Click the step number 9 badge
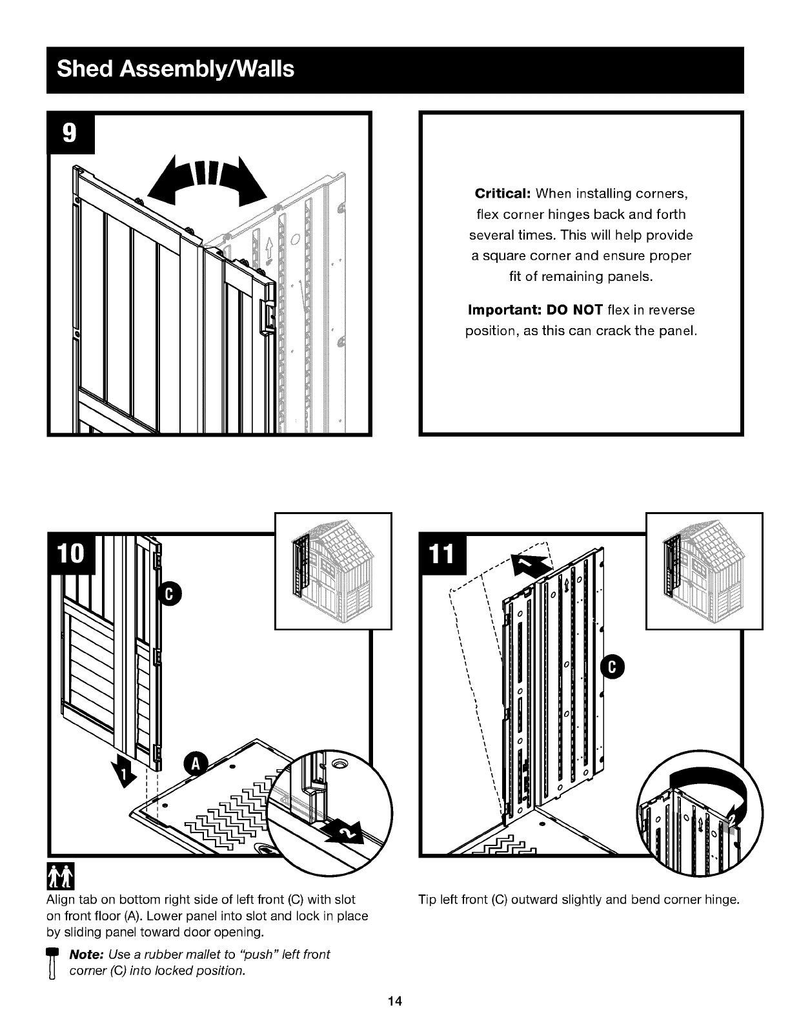pos(70,133)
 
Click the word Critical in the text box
pos(503,194)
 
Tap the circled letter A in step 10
pos(196,765)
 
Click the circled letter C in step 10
pos(169,594)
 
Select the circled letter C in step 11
pos(612,667)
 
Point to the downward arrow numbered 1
pos(123,774)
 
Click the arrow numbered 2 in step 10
pos(346,834)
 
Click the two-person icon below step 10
pos(60,876)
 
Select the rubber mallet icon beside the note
pos(52,964)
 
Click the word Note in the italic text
pos(86,955)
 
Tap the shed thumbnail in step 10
pos(333,570)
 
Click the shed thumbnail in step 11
pos(704,570)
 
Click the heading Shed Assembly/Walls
pos(176,69)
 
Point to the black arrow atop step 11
pos(531,564)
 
